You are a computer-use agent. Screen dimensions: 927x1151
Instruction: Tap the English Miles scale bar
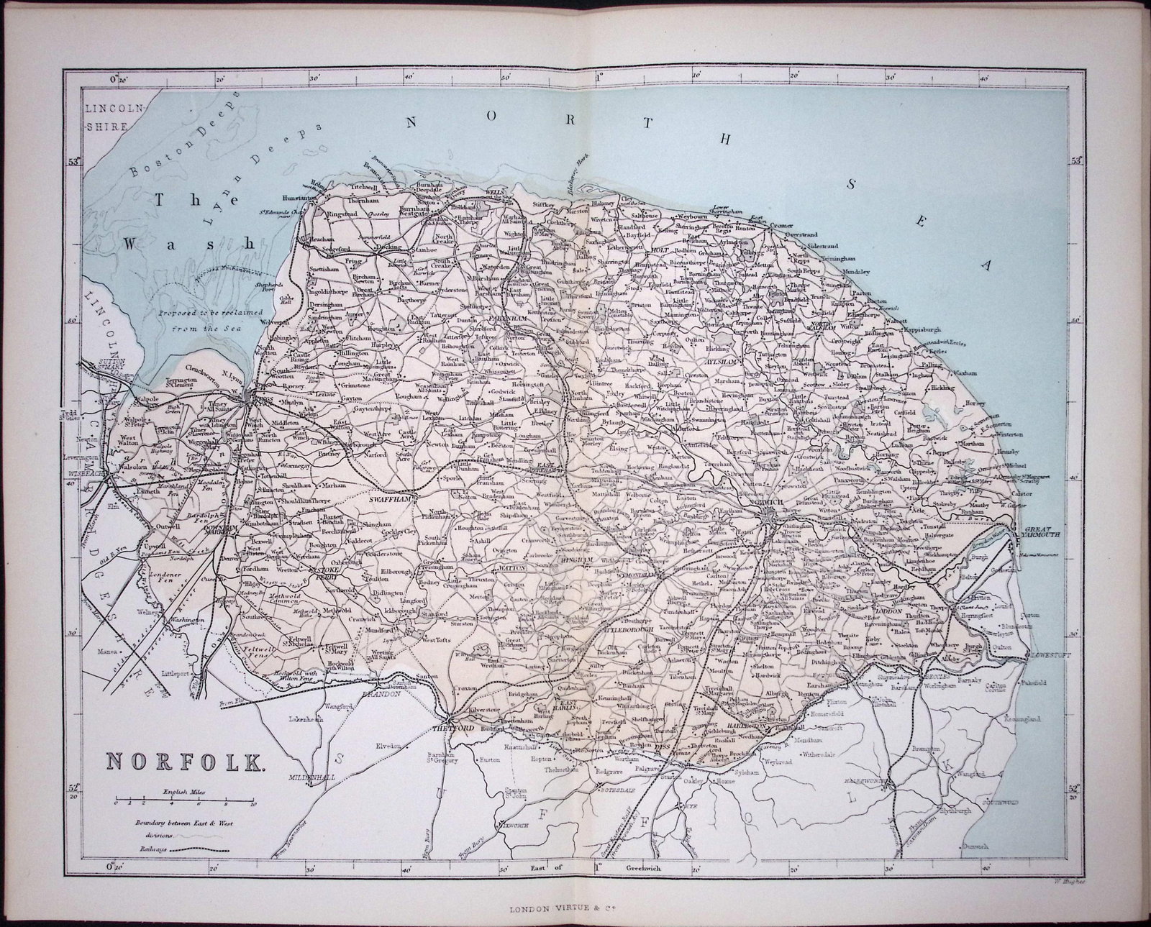184,800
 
